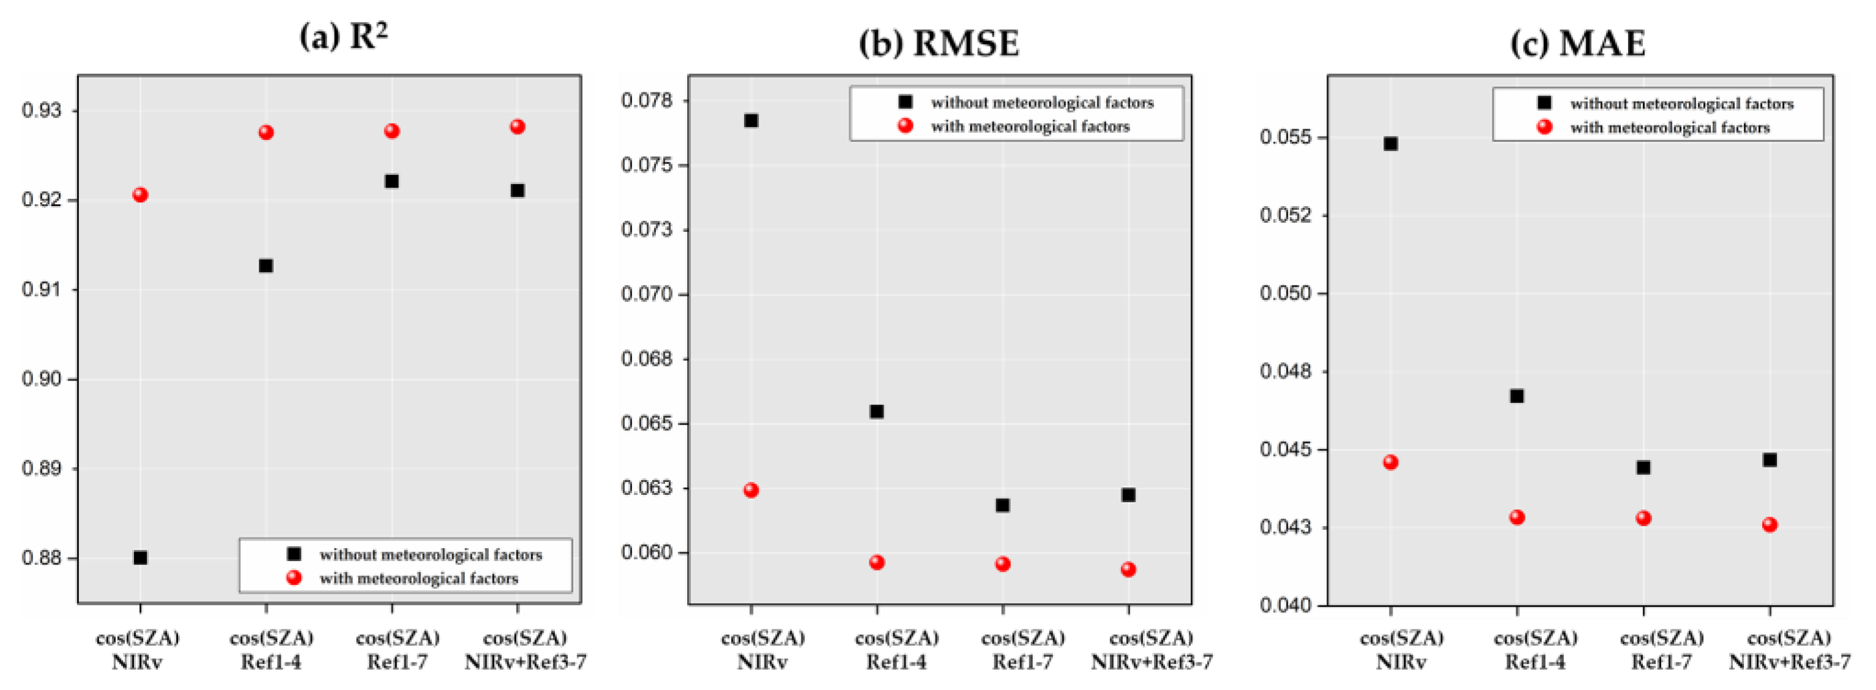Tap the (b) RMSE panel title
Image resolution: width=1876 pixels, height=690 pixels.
(x=939, y=43)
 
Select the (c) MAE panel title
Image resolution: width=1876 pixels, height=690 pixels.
(x=1577, y=43)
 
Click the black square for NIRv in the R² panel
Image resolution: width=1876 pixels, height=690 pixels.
(x=141, y=557)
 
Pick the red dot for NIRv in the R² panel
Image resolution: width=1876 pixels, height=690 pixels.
(x=141, y=195)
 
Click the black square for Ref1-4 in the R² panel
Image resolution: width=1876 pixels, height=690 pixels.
(x=266, y=265)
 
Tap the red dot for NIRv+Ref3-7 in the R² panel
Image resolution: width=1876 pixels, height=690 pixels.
(x=517, y=127)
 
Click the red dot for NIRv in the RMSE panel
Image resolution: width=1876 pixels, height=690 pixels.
(x=751, y=490)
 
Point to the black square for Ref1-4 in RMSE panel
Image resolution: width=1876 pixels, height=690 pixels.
(x=877, y=411)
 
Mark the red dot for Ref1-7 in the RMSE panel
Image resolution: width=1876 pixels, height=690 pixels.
(x=1003, y=563)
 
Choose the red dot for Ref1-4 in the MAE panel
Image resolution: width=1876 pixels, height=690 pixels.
(x=1517, y=517)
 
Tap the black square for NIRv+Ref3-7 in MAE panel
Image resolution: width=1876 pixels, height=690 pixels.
(x=1770, y=459)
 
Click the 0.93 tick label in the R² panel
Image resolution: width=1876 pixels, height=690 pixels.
(x=42, y=111)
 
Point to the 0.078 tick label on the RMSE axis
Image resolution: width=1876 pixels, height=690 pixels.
(x=647, y=100)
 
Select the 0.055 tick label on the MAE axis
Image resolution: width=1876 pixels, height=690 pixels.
(x=1286, y=138)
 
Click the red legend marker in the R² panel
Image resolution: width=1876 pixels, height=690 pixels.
(x=294, y=578)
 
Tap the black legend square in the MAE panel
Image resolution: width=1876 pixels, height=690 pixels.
(x=1544, y=103)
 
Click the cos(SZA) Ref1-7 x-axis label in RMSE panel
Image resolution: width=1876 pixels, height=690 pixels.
(x=1022, y=649)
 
